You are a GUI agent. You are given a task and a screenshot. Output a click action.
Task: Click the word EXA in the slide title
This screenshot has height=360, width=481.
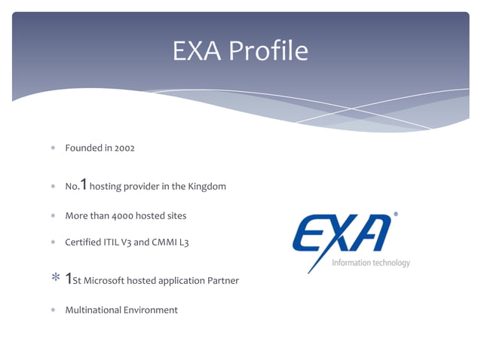point(197,51)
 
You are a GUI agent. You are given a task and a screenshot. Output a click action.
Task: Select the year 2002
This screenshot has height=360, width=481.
point(124,148)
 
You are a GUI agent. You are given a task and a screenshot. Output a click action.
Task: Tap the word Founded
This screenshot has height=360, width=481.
point(83,148)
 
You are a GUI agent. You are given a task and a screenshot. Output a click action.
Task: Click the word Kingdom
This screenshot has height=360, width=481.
point(207,186)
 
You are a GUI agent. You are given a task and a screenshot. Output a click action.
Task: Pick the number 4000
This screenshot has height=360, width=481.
point(126,216)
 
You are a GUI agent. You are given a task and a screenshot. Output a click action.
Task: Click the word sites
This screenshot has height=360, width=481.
point(174,216)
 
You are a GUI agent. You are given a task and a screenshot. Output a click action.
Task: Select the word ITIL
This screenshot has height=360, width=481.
point(113,243)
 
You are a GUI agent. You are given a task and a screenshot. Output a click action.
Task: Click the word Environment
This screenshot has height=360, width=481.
point(152,310)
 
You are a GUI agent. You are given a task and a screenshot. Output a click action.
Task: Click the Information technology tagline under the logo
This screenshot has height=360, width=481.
point(371,263)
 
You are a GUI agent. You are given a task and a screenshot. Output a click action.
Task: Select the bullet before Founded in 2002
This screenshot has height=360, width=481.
point(54,148)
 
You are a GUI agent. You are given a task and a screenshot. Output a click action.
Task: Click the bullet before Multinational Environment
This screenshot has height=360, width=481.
point(54,310)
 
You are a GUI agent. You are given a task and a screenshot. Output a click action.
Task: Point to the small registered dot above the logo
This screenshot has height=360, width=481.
point(396,215)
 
